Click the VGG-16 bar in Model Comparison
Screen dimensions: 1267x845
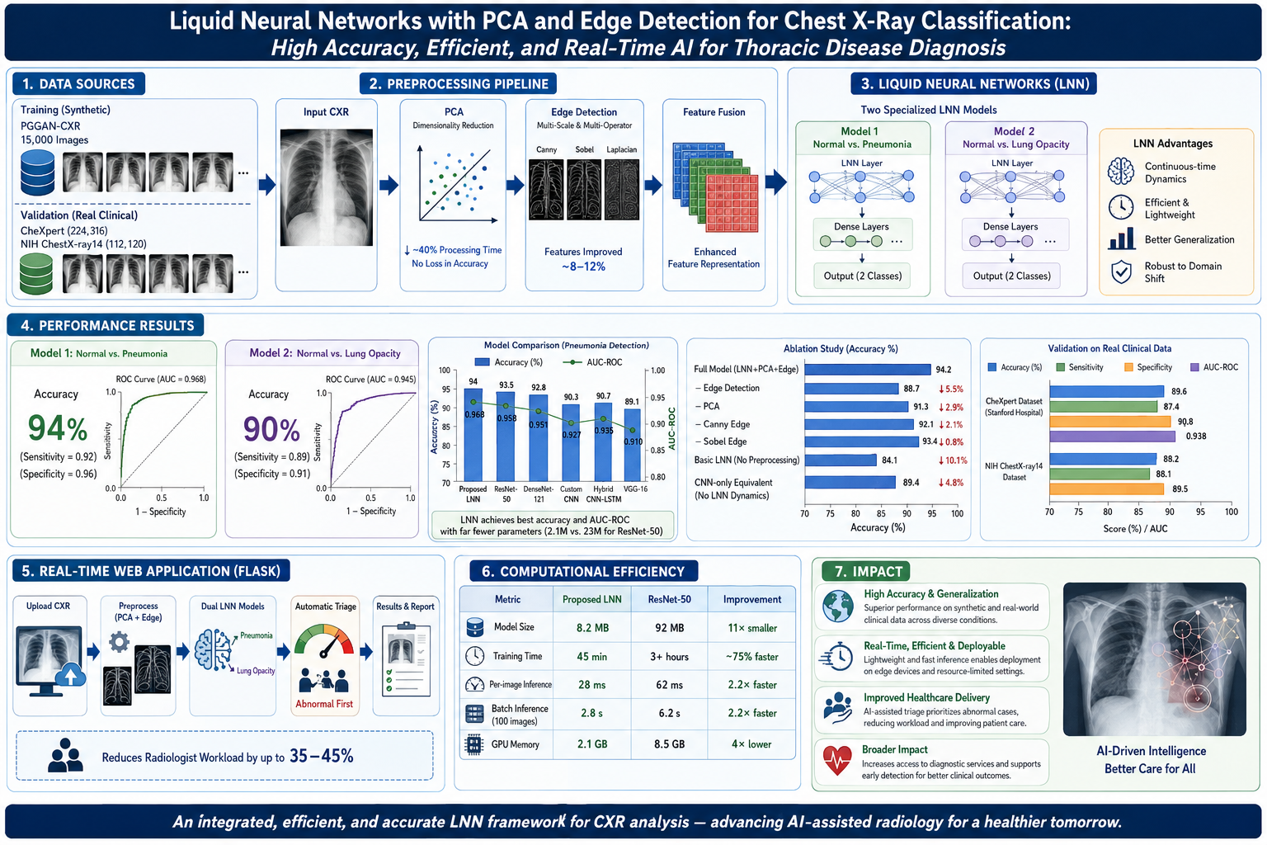point(633,445)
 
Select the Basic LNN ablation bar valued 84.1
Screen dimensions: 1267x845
point(840,460)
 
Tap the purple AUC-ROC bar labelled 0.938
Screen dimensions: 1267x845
point(1112,437)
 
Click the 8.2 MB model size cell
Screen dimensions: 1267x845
point(591,628)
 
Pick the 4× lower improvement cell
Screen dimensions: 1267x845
point(751,744)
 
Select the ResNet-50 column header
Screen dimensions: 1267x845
point(669,599)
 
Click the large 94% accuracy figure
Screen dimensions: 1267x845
point(58,428)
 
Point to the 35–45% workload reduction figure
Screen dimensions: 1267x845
point(321,756)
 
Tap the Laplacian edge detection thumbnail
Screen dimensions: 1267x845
point(622,189)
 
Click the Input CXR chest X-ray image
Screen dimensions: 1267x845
point(327,187)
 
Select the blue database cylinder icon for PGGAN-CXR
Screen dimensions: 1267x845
point(37,172)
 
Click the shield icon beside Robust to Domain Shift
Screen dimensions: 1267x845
point(1120,271)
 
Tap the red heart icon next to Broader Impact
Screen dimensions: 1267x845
point(837,760)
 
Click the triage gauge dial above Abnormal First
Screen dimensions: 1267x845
point(324,642)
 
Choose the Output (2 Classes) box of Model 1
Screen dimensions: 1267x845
point(862,276)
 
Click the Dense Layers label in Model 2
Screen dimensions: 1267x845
point(1010,227)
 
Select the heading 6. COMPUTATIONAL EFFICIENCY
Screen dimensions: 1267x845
point(583,571)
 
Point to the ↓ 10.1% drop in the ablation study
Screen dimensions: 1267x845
point(953,460)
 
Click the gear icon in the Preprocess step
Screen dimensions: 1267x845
point(119,642)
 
